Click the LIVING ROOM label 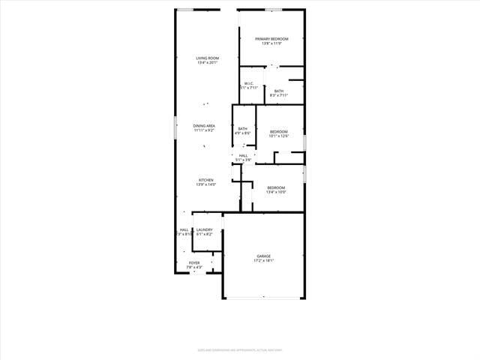pos(208,58)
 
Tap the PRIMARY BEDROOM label pos(271,39)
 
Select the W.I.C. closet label pos(248,83)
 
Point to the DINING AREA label pos(204,126)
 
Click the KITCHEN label pos(205,180)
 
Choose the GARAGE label pos(264,256)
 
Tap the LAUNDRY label pos(204,230)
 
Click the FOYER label pos(194,262)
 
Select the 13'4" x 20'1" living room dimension pos(208,63)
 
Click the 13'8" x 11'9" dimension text pos(271,43)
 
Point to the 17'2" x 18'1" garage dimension pos(264,261)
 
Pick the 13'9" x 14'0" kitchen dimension pos(205,184)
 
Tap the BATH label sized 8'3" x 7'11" pos(278,91)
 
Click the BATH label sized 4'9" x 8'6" pos(243,129)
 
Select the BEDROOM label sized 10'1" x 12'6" pos(279,132)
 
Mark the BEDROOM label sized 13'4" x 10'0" pos(276,187)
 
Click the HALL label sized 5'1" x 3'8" pos(243,155)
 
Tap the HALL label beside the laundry pos(184,230)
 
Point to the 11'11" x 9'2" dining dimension pos(204,130)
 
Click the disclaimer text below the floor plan pos(240,349)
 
